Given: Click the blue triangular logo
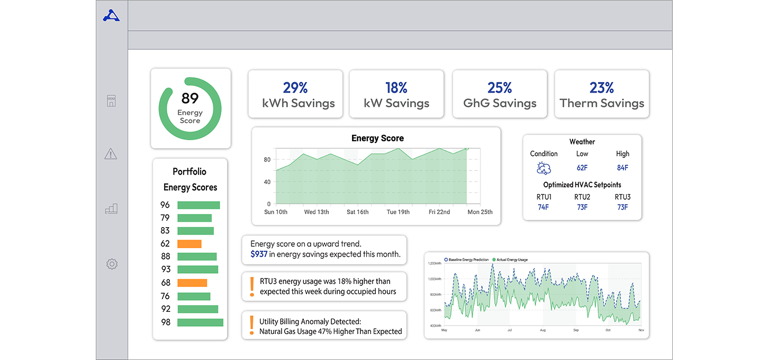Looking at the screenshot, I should click(111, 16).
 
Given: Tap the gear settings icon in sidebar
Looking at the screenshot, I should click(111, 264).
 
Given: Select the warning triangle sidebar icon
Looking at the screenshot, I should click(111, 154).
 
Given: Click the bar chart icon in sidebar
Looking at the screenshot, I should click(111, 209).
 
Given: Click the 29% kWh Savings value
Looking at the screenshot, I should click(295, 87).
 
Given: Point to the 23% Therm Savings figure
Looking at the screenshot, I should click(601, 87).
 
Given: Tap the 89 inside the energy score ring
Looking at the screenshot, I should click(190, 98).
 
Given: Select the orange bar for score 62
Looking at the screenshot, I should click(189, 244).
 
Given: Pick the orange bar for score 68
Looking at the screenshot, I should click(192, 283).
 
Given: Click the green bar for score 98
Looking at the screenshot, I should click(200, 322).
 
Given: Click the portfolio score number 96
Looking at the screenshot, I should click(165, 205).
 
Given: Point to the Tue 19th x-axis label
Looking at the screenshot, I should click(398, 212).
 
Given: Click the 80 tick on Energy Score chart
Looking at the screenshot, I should click(267, 160).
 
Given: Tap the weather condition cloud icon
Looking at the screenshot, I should click(544, 168).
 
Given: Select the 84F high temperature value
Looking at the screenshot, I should click(622, 168).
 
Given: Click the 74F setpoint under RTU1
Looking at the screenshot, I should click(543, 207).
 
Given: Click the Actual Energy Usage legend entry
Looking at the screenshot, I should click(511, 259).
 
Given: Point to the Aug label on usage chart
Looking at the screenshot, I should click(543, 330).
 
